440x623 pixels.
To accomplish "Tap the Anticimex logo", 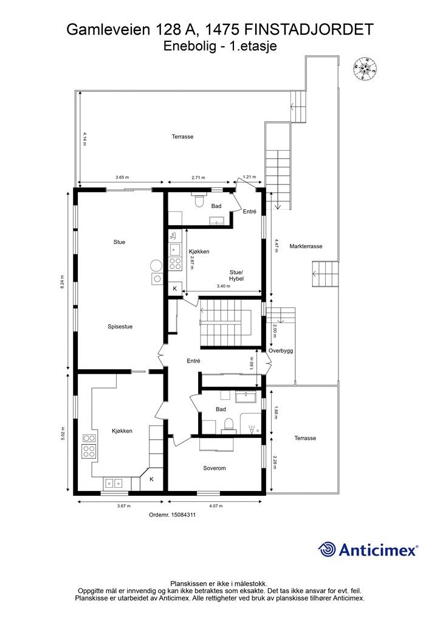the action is coord(368,549).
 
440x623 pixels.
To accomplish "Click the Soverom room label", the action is coord(215,468).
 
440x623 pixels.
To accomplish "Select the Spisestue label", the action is coord(120,327).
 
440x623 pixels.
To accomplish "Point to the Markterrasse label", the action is coord(306,246).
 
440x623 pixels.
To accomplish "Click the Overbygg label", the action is coord(281,351).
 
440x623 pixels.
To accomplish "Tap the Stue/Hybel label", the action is coord(236,276).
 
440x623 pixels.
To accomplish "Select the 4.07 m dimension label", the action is coord(215,506).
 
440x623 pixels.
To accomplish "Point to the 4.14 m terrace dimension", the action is coord(84,139).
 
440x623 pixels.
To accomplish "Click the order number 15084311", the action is coord(173,515).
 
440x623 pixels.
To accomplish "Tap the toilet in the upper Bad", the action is coord(198,200).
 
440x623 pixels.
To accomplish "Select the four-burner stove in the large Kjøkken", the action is coord(89,451).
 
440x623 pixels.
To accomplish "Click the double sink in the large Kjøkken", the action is coord(114,483).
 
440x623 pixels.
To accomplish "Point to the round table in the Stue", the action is coord(156,265).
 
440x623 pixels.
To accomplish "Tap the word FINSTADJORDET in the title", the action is coord(309,30).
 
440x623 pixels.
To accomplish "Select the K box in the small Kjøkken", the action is coord(174,288).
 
